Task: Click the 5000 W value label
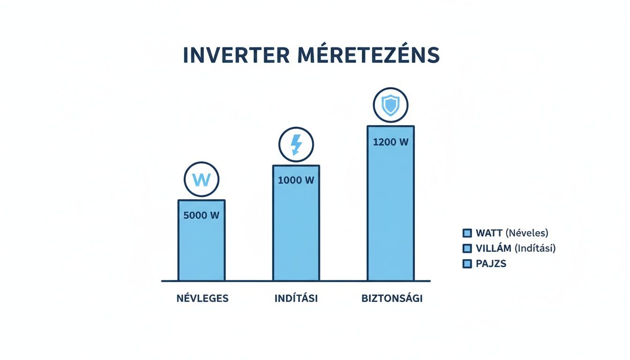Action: point(202,216)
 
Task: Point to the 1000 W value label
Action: point(296,180)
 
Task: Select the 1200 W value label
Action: point(390,142)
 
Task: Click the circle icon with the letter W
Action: point(202,180)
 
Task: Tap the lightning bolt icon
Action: point(296,144)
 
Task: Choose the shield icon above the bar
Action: point(390,106)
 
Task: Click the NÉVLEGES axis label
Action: point(202,299)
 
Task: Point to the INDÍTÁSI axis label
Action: point(296,299)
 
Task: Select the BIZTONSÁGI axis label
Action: point(392,299)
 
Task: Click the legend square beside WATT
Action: point(466,233)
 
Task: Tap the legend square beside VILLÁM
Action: point(466,248)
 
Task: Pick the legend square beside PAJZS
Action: point(466,264)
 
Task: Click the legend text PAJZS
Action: point(491,264)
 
